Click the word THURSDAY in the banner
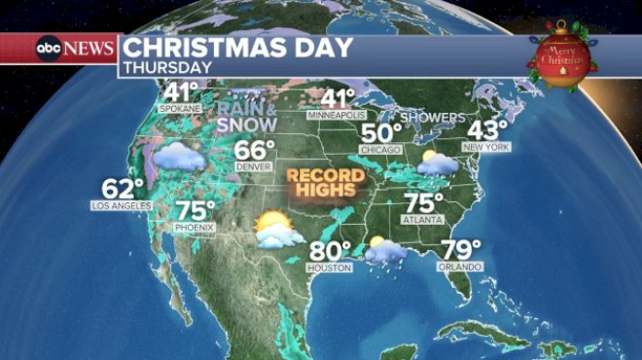click(x=167, y=68)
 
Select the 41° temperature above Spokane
click(x=181, y=92)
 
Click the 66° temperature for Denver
click(x=256, y=152)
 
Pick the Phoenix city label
click(x=196, y=228)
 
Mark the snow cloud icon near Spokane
click(x=177, y=155)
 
